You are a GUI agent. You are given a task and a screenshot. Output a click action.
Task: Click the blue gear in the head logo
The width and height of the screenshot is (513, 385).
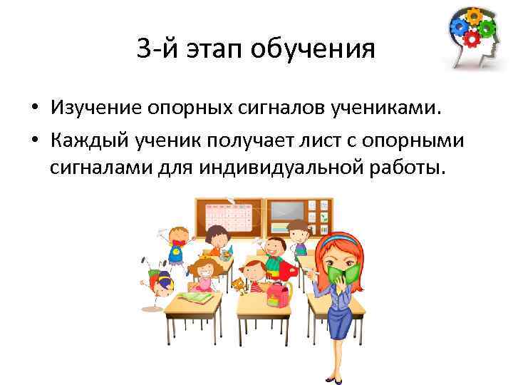458,27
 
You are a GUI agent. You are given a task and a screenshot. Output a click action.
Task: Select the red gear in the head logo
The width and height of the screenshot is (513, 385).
472,39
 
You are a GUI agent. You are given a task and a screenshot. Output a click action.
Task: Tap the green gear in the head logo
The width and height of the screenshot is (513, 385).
487,29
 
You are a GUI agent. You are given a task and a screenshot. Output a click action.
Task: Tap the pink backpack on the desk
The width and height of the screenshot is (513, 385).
280,293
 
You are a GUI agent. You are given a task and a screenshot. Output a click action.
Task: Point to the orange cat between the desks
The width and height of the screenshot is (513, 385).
237,286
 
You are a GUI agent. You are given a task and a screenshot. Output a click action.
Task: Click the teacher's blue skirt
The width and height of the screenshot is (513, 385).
341,324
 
